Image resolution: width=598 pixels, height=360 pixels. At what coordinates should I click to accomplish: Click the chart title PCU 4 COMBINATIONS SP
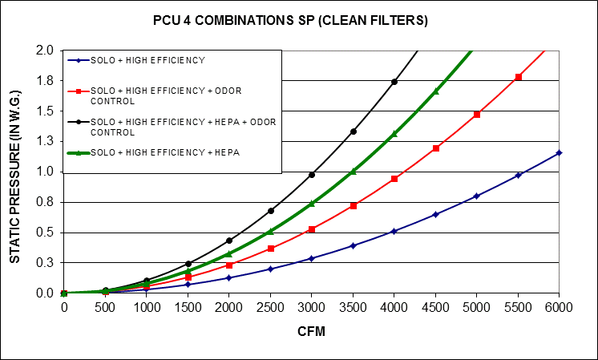pos(302,21)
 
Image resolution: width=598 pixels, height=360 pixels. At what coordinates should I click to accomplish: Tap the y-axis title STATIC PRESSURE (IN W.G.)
pos(15,172)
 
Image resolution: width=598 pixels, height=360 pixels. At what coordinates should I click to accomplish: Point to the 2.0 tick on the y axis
pos(45,51)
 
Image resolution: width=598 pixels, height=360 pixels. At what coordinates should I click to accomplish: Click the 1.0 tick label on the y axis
pos(45,172)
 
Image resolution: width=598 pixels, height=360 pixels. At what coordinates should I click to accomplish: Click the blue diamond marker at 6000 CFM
pos(559,152)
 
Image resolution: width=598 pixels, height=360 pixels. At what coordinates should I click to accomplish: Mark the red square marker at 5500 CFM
pos(518,77)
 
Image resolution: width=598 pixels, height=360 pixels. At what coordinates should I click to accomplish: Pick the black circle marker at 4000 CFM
pos(394,82)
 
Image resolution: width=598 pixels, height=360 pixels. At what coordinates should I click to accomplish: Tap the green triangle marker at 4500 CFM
pos(435,91)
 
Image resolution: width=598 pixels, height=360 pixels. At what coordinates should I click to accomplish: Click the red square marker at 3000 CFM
pos(312,229)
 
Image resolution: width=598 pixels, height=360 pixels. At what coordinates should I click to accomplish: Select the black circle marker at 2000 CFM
pos(229,241)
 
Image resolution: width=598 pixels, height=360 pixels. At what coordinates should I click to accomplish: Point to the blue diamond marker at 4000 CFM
pos(394,231)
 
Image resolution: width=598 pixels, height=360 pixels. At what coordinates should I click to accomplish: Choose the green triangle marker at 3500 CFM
pos(353,172)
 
